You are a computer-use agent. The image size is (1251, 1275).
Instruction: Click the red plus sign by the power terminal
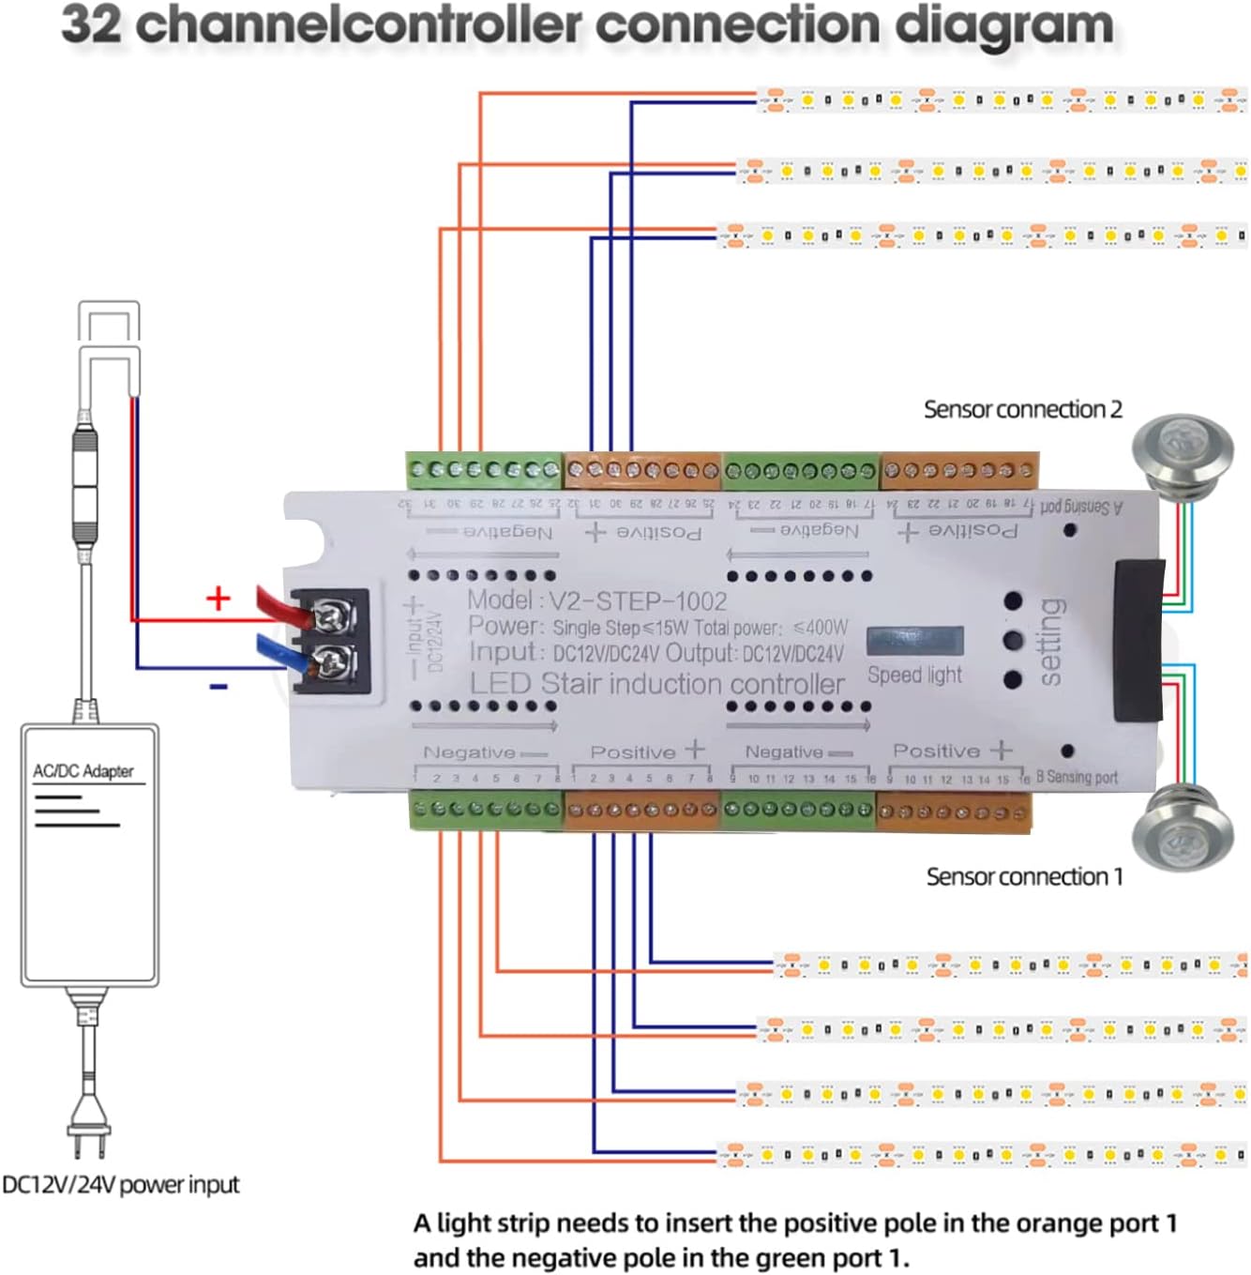tap(218, 598)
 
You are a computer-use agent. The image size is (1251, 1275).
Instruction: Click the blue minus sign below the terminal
tap(219, 688)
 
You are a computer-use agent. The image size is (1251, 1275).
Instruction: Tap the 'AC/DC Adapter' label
tap(83, 771)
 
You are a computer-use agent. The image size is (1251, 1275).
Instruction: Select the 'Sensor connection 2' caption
tap(1022, 410)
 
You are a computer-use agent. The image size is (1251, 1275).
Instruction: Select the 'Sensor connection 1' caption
tap(1024, 876)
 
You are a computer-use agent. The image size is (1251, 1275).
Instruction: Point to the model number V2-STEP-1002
tap(638, 601)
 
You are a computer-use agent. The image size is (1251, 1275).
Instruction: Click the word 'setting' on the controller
tap(1051, 643)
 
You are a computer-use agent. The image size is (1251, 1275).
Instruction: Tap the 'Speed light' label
tap(914, 675)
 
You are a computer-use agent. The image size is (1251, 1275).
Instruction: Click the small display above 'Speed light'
tap(914, 641)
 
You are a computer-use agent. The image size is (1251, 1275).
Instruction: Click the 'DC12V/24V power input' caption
tap(120, 1185)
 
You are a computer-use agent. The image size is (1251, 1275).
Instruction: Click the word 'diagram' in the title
tap(1004, 25)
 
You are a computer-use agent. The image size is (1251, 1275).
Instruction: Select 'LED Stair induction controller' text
tap(656, 684)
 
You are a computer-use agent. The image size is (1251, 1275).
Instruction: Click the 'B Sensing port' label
tap(1077, 778)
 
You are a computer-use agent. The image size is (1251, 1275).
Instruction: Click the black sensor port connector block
tap(1138, 640)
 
